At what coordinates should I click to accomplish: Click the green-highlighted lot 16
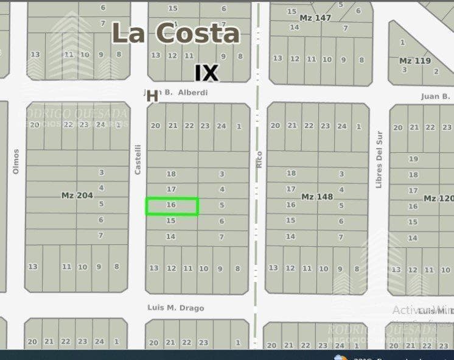coord(172,206)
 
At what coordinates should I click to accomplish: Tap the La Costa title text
coord(176,33)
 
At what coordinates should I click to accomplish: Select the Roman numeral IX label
coord(206,73)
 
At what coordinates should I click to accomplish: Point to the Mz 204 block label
coord(77,196)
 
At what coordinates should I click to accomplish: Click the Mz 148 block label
coord(317,197)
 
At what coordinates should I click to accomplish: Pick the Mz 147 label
coord(316,18)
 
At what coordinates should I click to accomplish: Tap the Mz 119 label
coord(414,61)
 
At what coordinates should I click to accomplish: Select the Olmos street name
coord(16,161)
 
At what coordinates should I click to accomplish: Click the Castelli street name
coord(138,159)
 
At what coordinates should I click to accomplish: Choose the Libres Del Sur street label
coord(379,160)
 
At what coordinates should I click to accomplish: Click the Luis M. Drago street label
coord(176,308)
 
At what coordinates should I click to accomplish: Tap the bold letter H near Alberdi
coord(152,96)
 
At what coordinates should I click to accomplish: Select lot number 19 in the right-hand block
coord(413,159)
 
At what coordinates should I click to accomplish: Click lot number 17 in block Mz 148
coord(291,189)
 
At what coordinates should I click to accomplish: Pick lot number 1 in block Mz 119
coord(402,43)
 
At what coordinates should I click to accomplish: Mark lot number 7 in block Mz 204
coord(101,235)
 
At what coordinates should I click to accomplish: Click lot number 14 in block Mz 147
coord(295,27)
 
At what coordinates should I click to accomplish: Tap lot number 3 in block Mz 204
coord(101,173)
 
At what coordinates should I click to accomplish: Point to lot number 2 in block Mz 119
coord(436,72)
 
